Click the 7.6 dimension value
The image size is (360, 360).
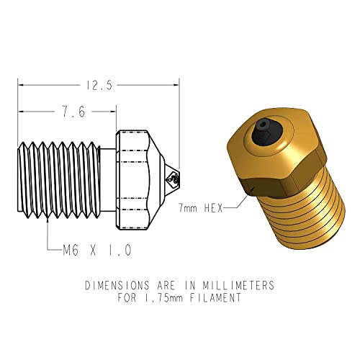click(x=65, y=112)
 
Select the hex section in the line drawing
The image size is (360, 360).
click(x=133, y=173)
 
